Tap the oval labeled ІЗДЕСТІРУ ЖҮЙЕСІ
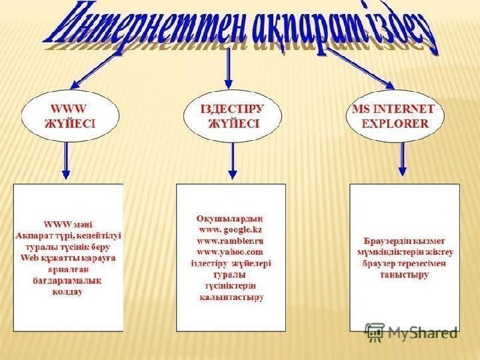coord(232,116)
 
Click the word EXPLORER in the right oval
coord(395,123)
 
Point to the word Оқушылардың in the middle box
coord(230,217)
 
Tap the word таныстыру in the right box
coord(404,274)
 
